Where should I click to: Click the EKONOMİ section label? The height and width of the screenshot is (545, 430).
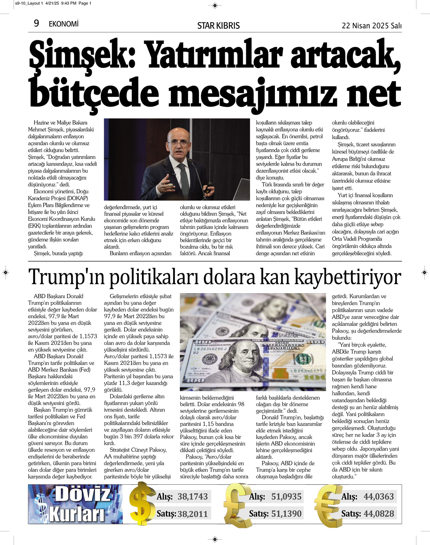(x=64, y=24)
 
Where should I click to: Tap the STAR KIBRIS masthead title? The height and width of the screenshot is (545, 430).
(x=218, y=25)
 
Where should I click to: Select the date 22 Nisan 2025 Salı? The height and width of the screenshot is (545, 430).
(x=372, y=25)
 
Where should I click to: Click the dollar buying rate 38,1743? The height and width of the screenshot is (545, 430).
(x=192, y=496)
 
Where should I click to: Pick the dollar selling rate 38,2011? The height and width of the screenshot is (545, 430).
(x=192, y=514)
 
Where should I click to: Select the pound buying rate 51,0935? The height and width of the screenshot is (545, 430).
(x=286, y=496)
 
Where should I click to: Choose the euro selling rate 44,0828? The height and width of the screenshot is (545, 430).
(x=378, y=514)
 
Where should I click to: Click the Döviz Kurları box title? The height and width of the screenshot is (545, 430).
(x=78, y=504)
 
